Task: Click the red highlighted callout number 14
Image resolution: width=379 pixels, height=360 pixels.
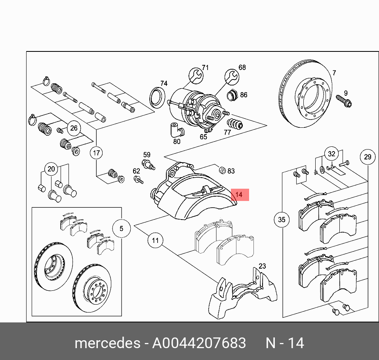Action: point(238,195)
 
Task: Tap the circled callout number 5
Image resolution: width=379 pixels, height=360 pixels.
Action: point(122,228)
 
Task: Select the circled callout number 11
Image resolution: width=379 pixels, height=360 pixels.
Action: point(155,240)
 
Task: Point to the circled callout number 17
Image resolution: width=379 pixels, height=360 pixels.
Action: point(96,152)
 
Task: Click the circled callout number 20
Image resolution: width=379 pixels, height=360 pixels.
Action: point(51,169)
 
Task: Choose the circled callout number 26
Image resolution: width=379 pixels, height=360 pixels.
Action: point(74,128)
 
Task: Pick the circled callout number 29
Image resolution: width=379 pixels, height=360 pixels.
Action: point(368,157)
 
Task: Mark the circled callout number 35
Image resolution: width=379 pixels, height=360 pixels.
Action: point(282,220)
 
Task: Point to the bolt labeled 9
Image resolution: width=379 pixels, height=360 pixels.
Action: point(344,101)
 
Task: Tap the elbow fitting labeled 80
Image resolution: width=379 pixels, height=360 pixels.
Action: point(175,129)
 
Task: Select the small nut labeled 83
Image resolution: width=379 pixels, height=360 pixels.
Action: point(223,170)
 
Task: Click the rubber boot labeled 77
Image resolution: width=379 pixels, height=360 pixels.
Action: point(237,123)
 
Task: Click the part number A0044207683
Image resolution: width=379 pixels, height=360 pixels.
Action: point(199,343)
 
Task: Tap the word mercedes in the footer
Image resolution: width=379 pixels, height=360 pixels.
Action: point(107,343)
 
